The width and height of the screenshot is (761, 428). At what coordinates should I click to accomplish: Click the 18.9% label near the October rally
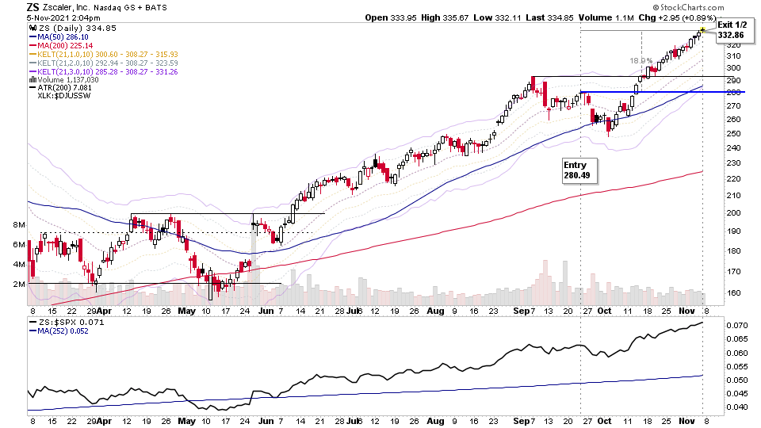coord(641,60)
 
